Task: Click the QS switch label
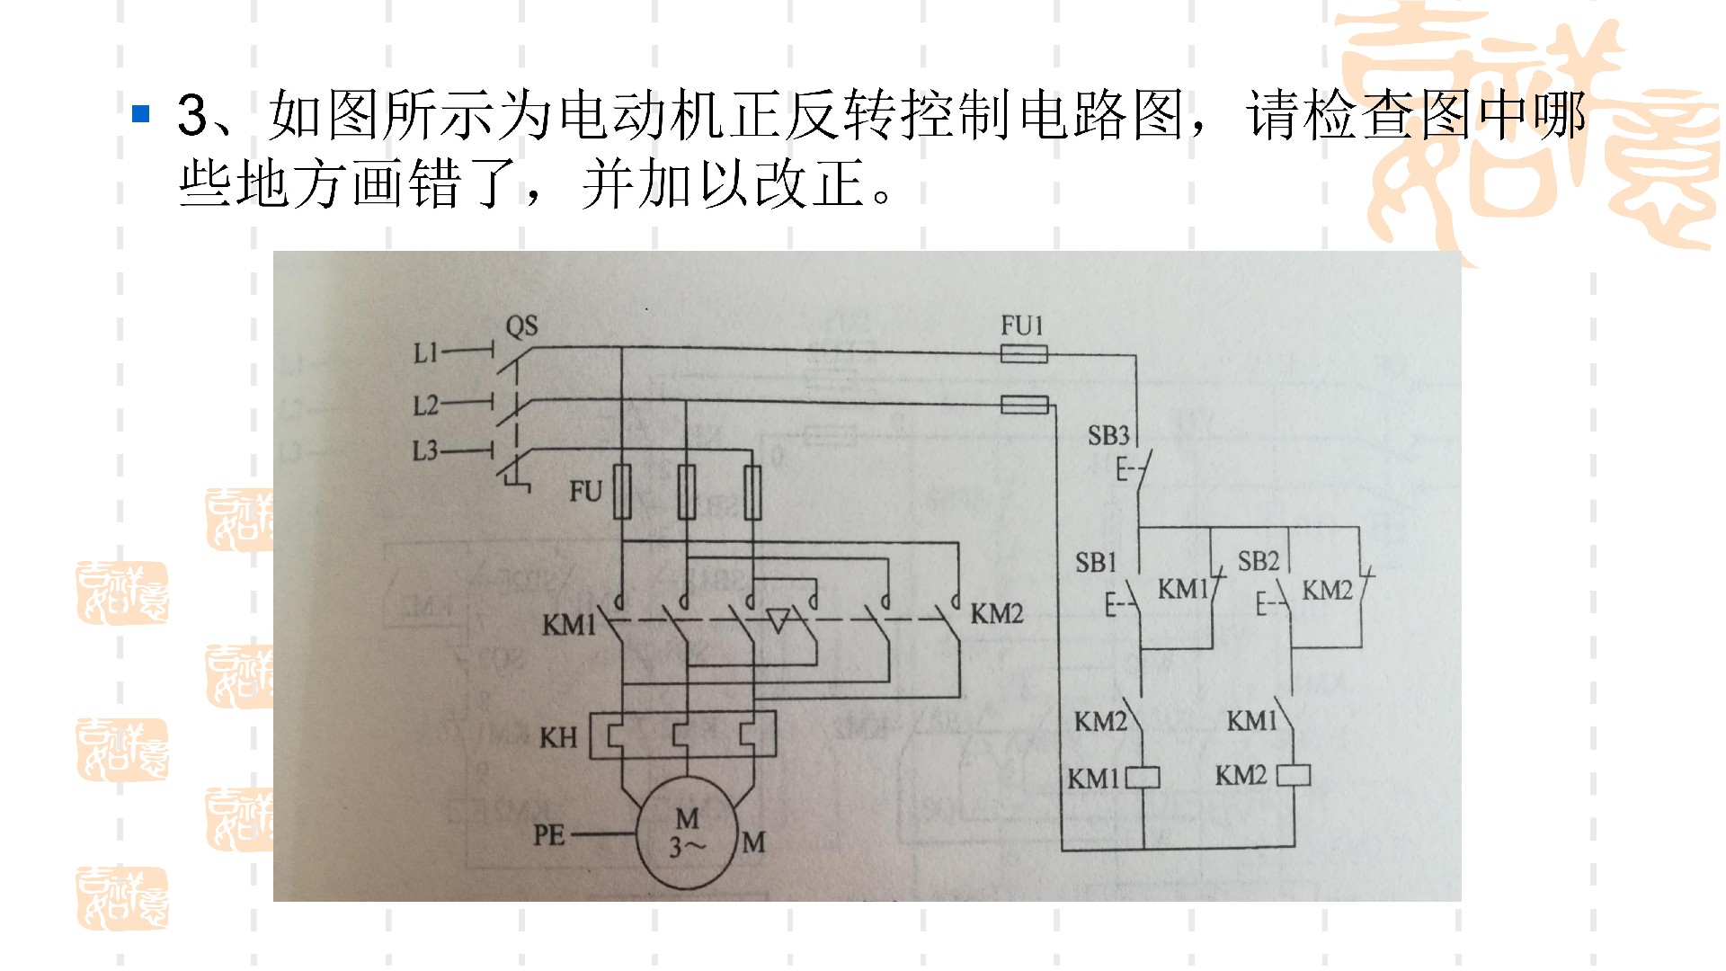tap(521, 325)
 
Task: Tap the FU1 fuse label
tap(1022, 325)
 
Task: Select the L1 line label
tap(425, 353)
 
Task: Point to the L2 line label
tap(425, 405)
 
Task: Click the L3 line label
tap(425, 450)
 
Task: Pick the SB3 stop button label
tap(1108, 436)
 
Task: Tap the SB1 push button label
tap(1096, 563)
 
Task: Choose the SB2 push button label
tap(1258, 562)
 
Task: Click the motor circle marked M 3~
tap(688, 833)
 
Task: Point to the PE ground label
tap(549, 835)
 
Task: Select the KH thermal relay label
tap(558, 738)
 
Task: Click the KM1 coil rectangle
tap(1143, 777)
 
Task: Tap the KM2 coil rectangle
tap(1294, 775)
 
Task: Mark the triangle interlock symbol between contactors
tap(778, 619)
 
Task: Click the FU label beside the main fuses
tap(585, 492)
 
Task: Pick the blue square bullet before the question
tap(140, 114)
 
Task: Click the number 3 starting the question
tap(192, 115)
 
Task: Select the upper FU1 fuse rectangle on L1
tap(1024, 354)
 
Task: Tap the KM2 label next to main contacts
tap(997, 614)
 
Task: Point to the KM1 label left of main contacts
tap(569, 624)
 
